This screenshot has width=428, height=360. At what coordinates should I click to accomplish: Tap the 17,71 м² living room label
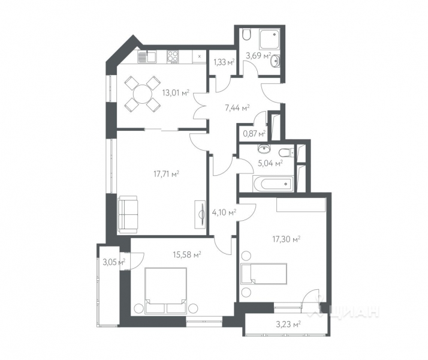(167, 174)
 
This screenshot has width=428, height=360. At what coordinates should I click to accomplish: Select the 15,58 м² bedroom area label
(188, 255)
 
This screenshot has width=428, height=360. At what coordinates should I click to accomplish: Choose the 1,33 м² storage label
(224, 61)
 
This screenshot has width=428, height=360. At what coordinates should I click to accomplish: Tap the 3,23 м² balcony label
(288, 325)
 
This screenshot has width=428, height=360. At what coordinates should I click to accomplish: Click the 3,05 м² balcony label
(113, 262)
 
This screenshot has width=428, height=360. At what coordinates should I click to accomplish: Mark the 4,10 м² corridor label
(224, 211)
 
